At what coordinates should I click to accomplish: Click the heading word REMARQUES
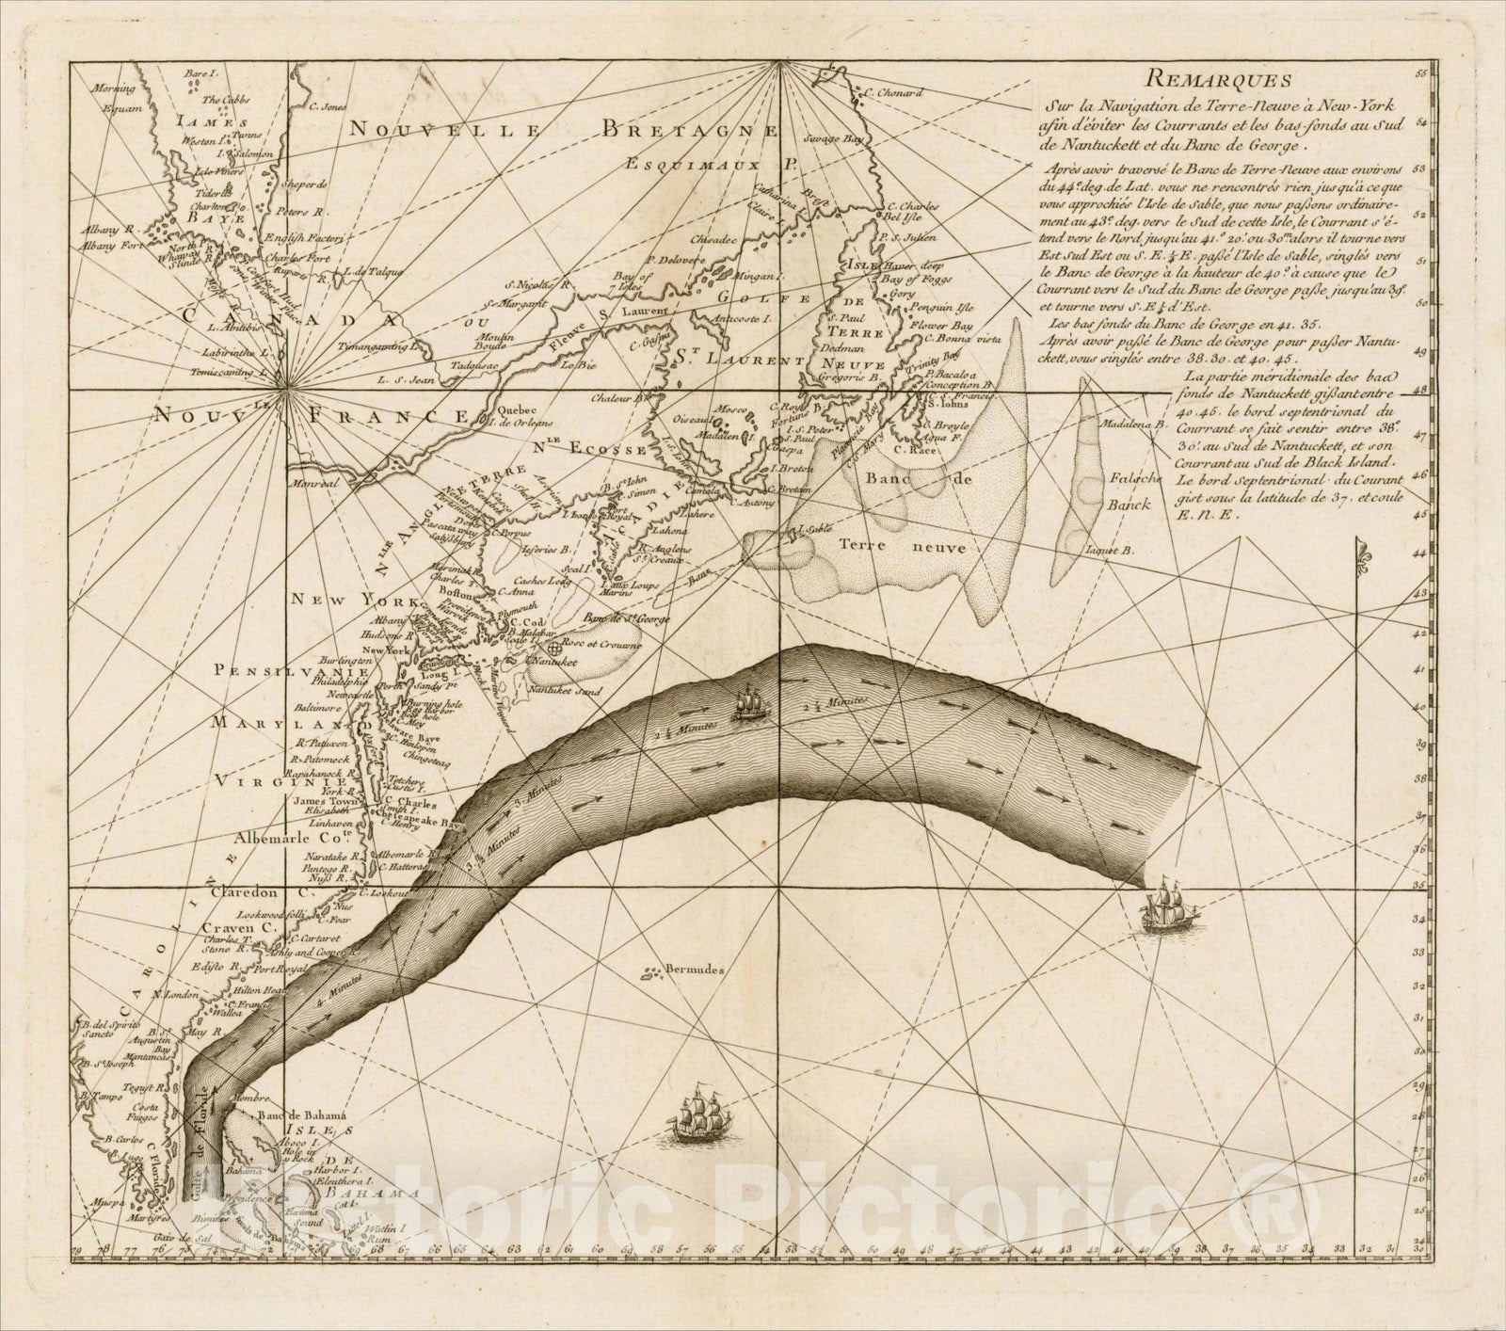click(1227, 81)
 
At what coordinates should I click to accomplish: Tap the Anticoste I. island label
click(744, 319)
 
